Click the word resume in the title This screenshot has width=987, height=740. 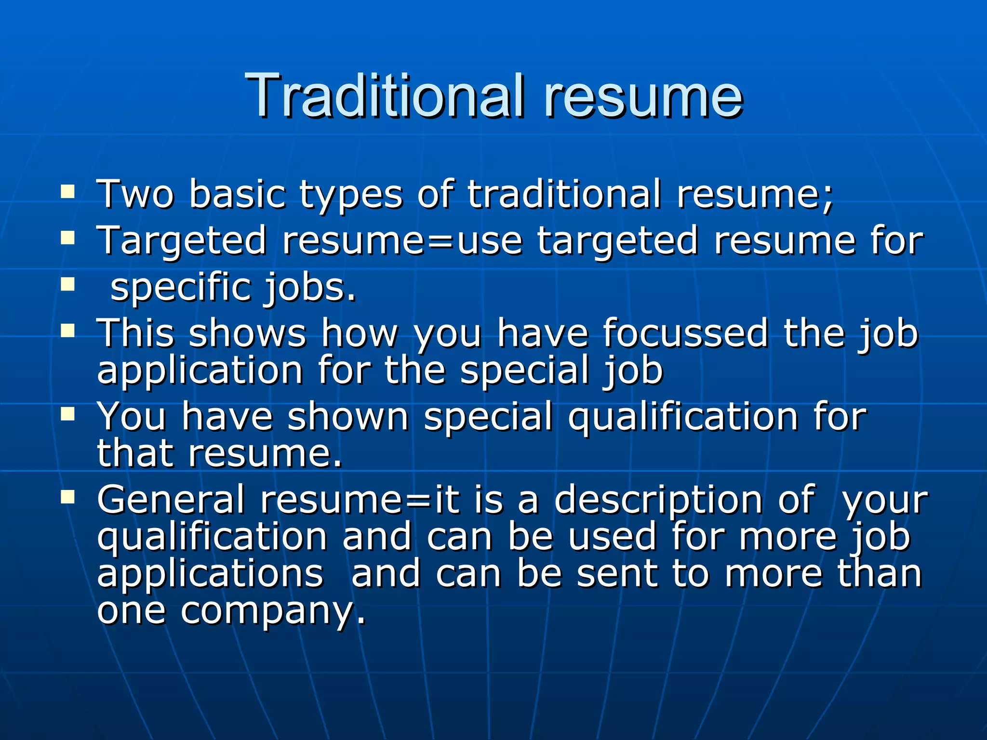pos(643,96)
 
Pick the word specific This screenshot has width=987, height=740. pos(179,288)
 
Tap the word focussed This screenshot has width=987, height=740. pos(685,333)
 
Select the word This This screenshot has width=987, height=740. pos(135,333)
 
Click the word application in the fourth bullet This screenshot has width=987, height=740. pos(200,371)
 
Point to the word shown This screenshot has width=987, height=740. pos(348,416)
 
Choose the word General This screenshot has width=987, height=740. pos(171,500)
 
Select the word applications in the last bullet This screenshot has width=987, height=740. pos(210,574)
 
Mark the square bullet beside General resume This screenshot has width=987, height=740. pos(67,497)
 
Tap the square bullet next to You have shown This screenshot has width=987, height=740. pos(67,414)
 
